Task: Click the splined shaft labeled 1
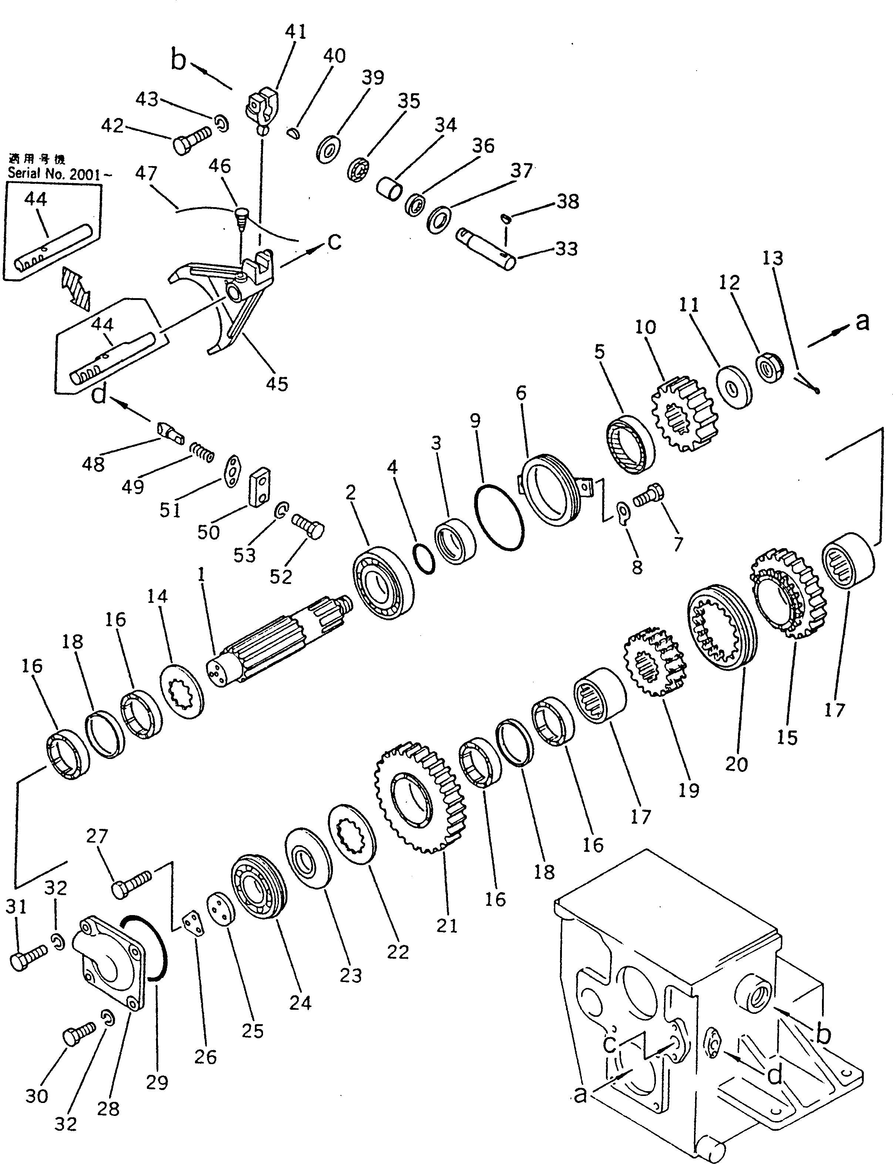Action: [276, 643]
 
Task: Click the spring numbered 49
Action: [202, 452]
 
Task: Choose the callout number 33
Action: [567, 249]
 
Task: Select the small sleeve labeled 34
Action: [388, 189]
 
